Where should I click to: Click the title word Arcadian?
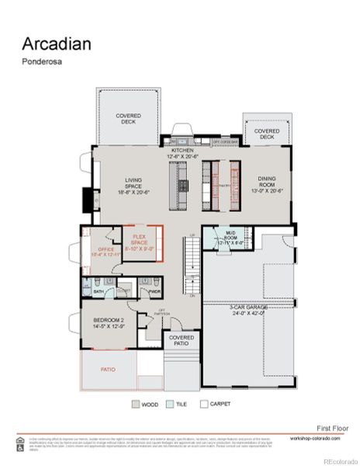tap(56, 43)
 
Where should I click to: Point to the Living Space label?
tap(134, 186)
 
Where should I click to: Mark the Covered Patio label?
tap(182, 342)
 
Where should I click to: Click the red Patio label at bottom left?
tap(109, 370)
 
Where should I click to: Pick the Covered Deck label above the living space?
tap(129, 118)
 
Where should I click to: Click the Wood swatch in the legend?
tap(136, 405)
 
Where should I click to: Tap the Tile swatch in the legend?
tap(169, 405)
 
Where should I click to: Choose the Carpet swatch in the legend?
tap(203, 405)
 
